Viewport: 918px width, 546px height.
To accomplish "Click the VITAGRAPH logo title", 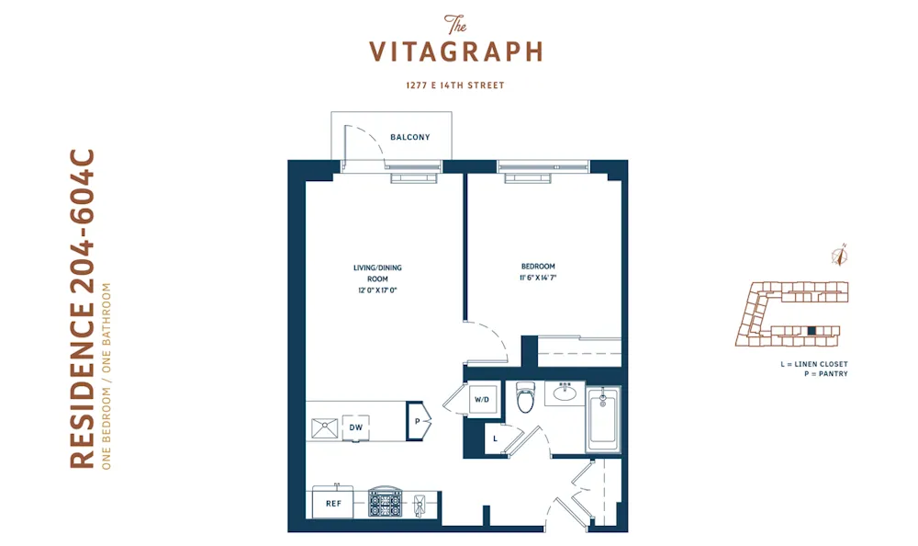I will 456,51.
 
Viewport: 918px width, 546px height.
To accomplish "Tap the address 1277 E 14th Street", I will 456,85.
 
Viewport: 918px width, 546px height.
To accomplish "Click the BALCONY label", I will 409,138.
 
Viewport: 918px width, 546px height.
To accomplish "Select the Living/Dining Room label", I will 377,273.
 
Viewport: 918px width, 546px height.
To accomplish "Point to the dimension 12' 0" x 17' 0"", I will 377,290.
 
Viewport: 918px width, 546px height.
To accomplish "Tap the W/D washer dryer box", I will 482,401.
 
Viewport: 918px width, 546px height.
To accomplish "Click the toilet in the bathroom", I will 526,397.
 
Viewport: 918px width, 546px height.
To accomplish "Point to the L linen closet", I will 495,438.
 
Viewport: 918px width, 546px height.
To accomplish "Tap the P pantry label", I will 417,420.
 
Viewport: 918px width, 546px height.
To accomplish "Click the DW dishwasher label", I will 354,427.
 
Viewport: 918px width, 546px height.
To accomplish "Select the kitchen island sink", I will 324,427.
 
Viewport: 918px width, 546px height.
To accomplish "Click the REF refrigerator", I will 333,504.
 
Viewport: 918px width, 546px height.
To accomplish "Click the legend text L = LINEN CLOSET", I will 813,365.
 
